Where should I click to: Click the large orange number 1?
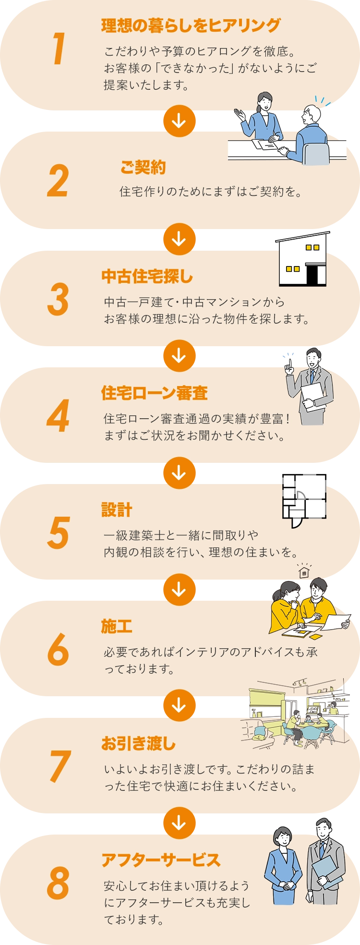(59, 48)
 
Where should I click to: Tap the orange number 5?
(59, 533)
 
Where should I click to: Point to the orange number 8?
(58, 883)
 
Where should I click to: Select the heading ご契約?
(143, 167)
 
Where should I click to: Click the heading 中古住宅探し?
(147, 277)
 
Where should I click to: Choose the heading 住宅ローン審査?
(155, 393)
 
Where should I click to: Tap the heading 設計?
(117, 510)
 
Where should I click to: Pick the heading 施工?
(117, 627)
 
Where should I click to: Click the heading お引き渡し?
(139, 744)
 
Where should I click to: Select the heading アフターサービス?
(161, 860)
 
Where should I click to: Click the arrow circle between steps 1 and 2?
(179, 121)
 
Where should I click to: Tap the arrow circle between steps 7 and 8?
(179, 823)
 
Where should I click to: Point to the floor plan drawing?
(304, 499)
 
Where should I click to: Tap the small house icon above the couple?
(304, 572)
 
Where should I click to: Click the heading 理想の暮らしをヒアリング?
(191, 25)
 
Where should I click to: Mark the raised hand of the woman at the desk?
(239, 114)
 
